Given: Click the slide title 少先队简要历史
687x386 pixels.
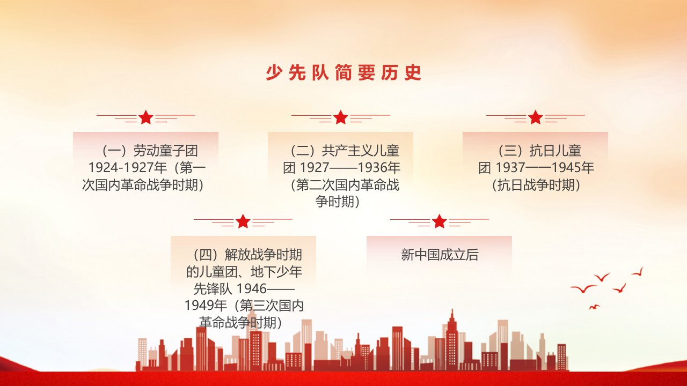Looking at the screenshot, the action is pos(343,73).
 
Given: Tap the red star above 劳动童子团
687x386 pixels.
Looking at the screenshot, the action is pos(145,117).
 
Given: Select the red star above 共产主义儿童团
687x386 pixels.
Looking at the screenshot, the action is pos(340,117).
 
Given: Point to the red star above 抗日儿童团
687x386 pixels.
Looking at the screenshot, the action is pos(536,117).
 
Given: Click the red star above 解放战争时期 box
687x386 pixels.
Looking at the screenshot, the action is pos(243,221).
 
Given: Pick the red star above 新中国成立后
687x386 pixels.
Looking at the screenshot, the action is pos(439,221).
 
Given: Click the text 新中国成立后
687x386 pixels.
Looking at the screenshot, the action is pos(440,255).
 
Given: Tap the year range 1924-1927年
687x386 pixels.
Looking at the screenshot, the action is pos(128,168).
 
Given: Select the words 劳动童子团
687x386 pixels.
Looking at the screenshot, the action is pos(166,151).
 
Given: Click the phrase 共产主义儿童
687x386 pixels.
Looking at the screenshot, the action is pos(361,151).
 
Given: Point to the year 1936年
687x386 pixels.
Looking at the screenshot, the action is pos(379,168).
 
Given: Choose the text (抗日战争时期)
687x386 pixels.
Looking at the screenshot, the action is pos(536,185).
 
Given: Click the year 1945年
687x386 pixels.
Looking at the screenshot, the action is pos(573,168).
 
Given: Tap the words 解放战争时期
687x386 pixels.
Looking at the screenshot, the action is pos(264,255).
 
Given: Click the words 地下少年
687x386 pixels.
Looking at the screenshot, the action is pos(276,272).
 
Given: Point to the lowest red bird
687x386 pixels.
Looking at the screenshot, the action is pos(594,307).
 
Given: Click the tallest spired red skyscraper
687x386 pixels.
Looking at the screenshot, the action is pos(452,340).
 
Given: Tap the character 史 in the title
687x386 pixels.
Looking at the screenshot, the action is pos(413,73).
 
